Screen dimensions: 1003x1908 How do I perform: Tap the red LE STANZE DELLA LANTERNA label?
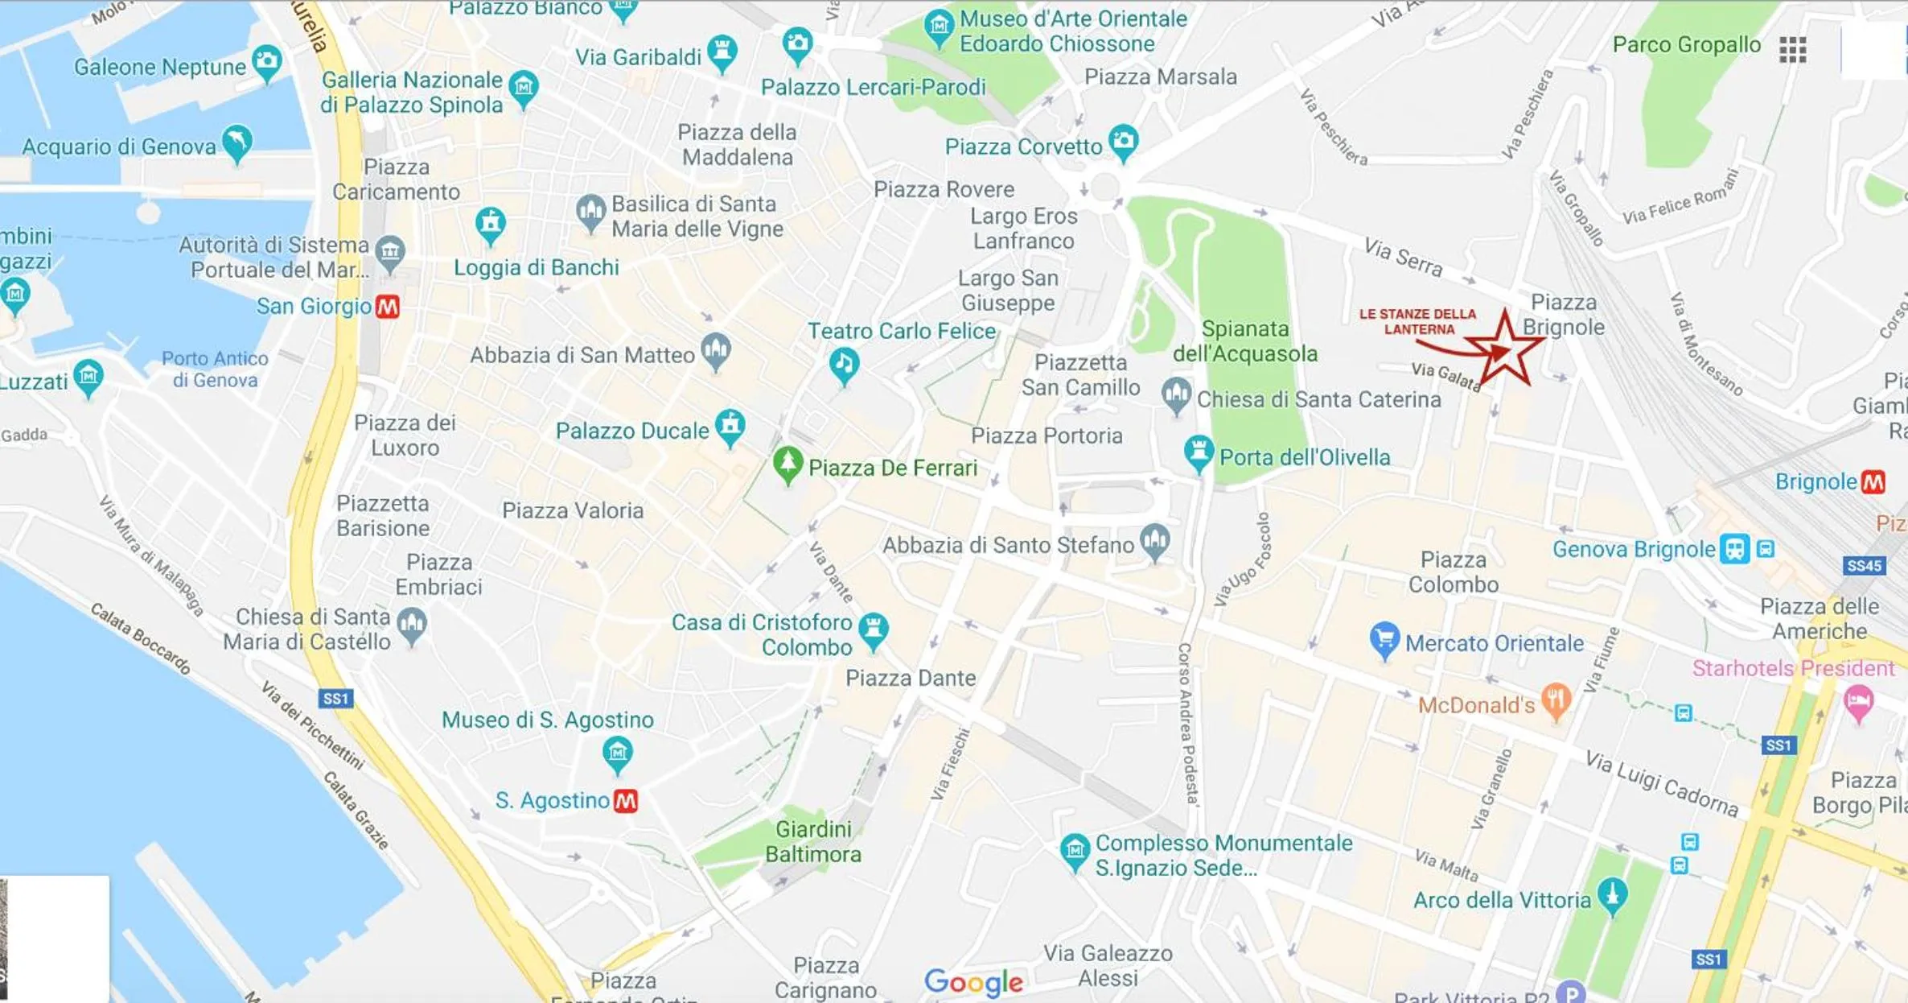(x=1418, y=321)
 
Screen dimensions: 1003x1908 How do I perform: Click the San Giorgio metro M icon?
(x=388, y=307)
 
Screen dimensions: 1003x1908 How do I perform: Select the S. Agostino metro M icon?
(x=626, y=801)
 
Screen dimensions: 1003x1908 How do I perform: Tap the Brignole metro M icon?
(x=1873, y=482)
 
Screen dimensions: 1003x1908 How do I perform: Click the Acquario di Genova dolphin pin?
(x=237, y=142)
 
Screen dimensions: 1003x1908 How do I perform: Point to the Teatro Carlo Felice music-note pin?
(x=844, y=365)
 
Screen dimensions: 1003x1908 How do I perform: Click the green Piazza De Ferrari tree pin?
(x=788, y=464)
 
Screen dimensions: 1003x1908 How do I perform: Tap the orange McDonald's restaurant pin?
(x=1556, y=700)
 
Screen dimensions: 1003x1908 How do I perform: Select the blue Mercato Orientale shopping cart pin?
(x=1384, y=639)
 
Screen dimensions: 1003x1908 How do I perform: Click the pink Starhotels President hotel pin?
(x=1858, y=703)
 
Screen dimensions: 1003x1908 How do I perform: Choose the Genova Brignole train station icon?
(x=1735, y=549)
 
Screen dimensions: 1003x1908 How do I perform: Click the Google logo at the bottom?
(x=973, y=982)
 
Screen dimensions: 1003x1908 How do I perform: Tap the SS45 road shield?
(x=1864, y=566)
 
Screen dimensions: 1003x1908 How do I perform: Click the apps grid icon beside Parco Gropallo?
(x=1792, y=50)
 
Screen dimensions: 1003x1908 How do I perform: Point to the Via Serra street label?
(x=1403, y=257)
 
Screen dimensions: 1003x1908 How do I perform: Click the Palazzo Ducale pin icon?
(x=730, y=426)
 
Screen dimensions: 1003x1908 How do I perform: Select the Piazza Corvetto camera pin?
(x=1124, y=142)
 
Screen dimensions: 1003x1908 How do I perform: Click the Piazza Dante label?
(x=911, y=679)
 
